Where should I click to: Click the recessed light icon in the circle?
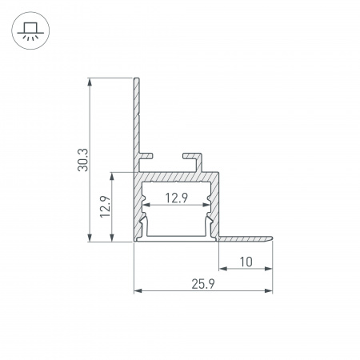pos(29,33)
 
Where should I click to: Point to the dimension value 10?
pos(246,261)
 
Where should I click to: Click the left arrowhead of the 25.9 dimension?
pos(137,290)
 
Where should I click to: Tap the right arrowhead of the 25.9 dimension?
pos(269,290)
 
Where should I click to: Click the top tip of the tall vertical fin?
pos(138,78)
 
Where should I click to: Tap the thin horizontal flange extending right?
pos(248,238)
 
